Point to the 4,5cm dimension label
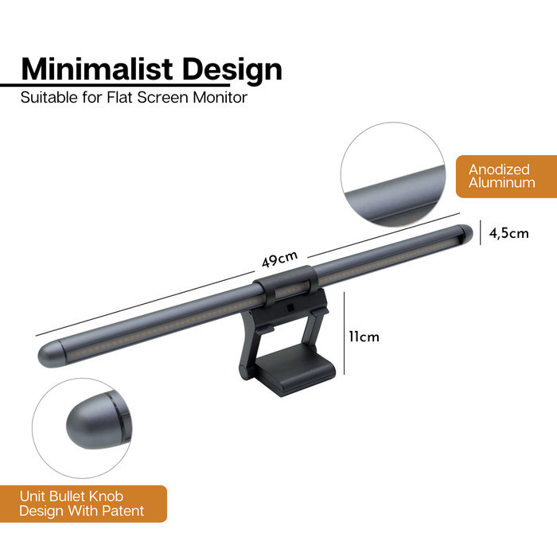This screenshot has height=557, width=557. point(508,233)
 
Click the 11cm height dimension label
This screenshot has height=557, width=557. point(364,337)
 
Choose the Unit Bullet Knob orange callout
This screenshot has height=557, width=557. point(83,504)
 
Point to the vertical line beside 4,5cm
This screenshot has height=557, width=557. point(481,234)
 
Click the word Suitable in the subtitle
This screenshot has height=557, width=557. point(49,98)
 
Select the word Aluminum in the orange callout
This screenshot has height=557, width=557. point(501,183)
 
